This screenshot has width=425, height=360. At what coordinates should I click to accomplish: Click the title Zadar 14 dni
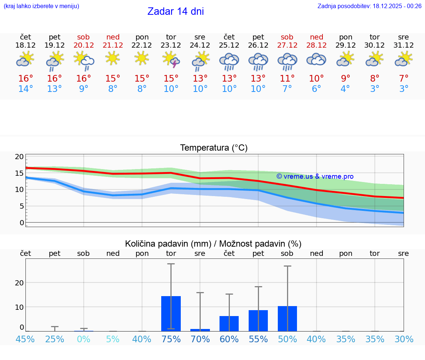coord(176,11)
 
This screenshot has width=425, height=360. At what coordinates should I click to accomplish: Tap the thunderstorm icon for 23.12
coord(171,60)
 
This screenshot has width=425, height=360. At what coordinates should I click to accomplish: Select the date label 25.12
coord(229,45)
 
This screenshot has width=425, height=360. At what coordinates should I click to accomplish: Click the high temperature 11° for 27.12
coord(287,79)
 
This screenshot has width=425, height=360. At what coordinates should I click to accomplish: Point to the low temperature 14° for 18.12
coord(25,89)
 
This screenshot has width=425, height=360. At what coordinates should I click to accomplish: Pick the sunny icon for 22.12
coord(142,58)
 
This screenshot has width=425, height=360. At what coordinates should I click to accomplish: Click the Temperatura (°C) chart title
coord(214,148)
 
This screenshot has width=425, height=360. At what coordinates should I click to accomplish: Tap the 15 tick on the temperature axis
coord(20,173)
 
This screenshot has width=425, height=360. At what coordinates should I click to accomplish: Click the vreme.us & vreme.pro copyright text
coord(315,176)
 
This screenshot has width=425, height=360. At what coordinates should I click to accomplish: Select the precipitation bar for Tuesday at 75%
coord(171,313)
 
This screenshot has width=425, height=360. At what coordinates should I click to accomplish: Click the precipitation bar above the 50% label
coord(287,319)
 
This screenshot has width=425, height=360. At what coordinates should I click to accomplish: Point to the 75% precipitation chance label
coord(171,339)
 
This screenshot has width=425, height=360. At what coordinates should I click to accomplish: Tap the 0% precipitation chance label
coord(84,339)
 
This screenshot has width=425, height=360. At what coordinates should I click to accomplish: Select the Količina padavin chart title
coord(213,244)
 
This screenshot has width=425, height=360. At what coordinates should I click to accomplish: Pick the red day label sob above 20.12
coord(83,37)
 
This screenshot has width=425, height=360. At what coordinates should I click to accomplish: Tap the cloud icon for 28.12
coord(316,59)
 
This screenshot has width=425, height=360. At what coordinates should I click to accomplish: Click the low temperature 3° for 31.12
coord(404,89)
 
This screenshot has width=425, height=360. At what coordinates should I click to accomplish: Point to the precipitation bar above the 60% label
coord(229,323)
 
